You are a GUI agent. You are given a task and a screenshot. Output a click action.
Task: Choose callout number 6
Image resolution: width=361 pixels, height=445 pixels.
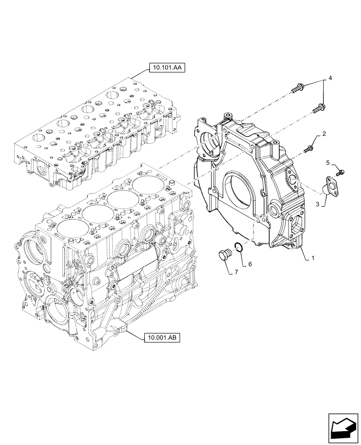tap(250, 264)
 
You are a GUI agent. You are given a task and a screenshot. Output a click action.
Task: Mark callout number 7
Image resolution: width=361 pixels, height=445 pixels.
tap(237, 271)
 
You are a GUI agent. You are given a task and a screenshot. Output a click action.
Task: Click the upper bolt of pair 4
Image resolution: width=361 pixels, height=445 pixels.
tap(297, 91)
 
